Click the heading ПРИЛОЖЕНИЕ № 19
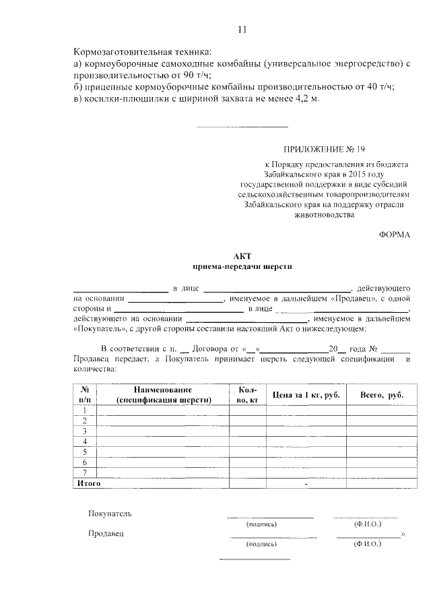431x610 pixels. pos(325,147)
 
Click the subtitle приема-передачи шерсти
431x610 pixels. pos(242,266)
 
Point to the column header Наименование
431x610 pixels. pos(163,390)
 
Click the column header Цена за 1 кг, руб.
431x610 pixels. pos(304,394)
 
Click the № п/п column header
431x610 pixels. pos(86,394)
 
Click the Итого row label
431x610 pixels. pos(89,483)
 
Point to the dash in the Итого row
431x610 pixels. pos(306,484)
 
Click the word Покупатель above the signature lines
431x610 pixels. pos(110,513)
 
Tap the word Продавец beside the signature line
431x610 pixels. pos(107,533)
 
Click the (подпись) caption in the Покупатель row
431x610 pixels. pos(262,524)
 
